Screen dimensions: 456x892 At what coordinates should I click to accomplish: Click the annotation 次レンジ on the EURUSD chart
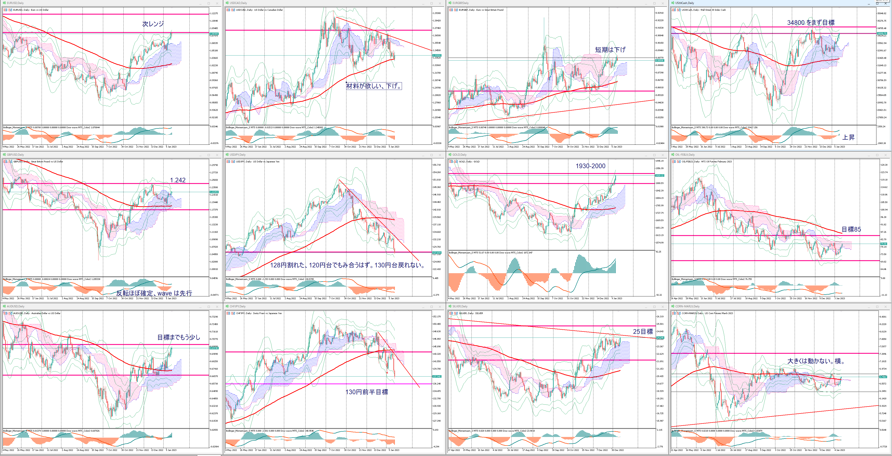(153, 24)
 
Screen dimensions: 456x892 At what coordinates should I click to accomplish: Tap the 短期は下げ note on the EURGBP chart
(610, 50)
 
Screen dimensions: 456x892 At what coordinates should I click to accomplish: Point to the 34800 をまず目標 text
(811, 23)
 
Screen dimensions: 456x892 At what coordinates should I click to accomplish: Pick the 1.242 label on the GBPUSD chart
(178, 180)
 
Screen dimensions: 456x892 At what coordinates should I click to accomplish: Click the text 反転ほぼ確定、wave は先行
(154, 293)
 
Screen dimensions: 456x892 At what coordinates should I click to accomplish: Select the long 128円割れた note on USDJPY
(347, 265)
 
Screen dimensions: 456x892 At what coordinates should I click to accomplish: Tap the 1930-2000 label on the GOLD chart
(590, 166)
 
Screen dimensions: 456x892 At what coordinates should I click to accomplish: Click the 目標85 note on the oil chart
(851, 229)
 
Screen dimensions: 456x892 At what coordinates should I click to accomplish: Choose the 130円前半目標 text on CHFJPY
(367, 392)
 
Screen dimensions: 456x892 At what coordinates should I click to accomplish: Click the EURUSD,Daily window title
(16, 3)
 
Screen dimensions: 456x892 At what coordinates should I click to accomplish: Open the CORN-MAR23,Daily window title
(687, 306)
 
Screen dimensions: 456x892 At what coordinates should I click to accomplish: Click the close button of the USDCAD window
(440, 3)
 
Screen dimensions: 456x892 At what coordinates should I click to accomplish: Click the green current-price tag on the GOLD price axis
(659, 176)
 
